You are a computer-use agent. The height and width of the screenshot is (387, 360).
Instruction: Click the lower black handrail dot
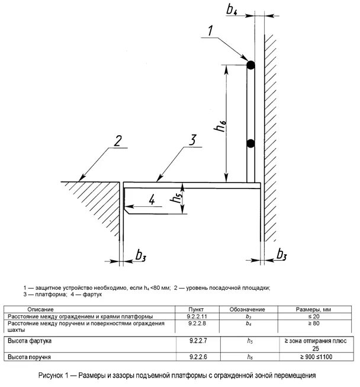coord(250,143)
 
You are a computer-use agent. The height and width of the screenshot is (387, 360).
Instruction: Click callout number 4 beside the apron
coord(152,200)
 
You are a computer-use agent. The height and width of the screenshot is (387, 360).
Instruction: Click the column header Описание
coord(40,309)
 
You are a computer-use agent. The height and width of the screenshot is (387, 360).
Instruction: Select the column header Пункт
coord(195,309)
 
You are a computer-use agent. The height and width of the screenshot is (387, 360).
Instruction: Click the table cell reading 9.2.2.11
coord(195,316)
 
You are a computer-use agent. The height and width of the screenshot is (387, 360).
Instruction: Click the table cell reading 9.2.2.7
coord(195,343)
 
